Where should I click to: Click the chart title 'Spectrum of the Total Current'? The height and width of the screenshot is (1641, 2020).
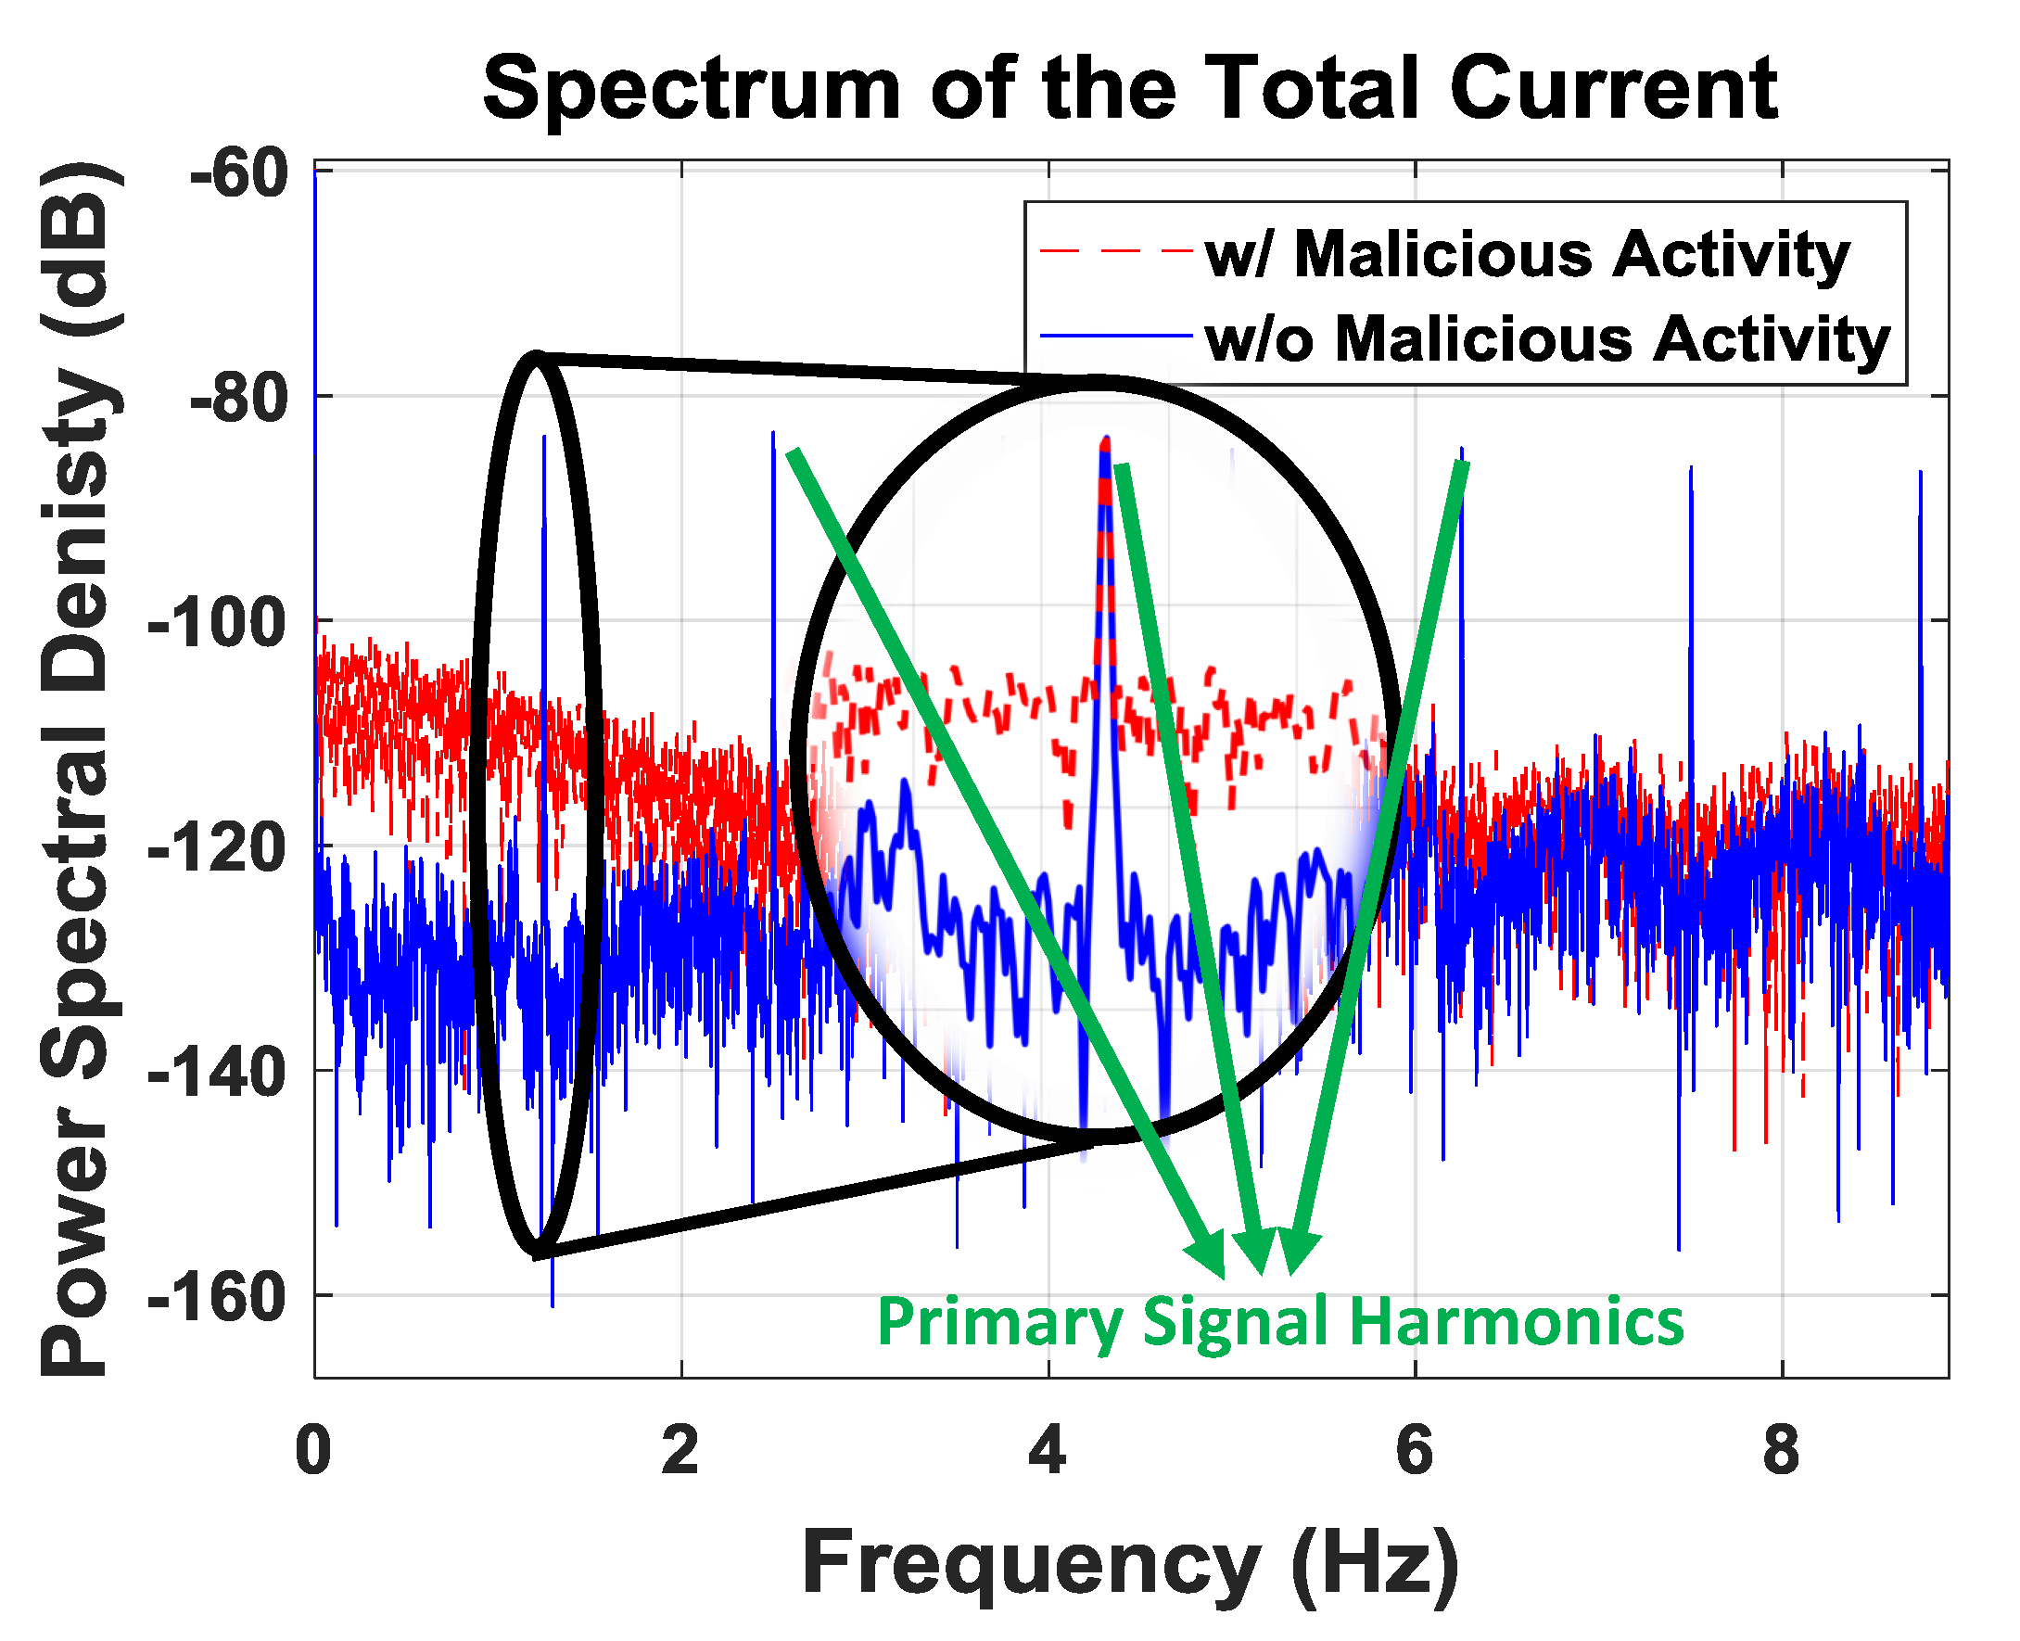1129,89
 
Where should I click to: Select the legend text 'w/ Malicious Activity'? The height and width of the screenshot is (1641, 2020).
1527,254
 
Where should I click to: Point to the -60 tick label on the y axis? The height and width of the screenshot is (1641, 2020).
238,174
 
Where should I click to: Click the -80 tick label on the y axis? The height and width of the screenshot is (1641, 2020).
238,399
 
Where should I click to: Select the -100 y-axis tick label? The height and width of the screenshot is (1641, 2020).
218,624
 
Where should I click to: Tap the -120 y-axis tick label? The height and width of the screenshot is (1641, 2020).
218,848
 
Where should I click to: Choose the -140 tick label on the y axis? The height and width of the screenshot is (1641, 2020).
218,1073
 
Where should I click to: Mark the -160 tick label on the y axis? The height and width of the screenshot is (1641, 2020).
218,1298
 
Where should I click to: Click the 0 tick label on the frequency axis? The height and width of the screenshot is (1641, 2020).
313,1450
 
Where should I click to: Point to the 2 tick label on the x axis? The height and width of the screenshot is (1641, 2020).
680,1450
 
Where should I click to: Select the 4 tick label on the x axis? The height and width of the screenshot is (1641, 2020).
1048,1450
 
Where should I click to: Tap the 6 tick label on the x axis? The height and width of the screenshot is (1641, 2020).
1414,1450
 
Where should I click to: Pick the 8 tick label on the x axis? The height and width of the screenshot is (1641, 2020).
1781,1450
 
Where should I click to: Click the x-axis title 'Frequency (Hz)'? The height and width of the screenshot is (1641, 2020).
1129,1563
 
